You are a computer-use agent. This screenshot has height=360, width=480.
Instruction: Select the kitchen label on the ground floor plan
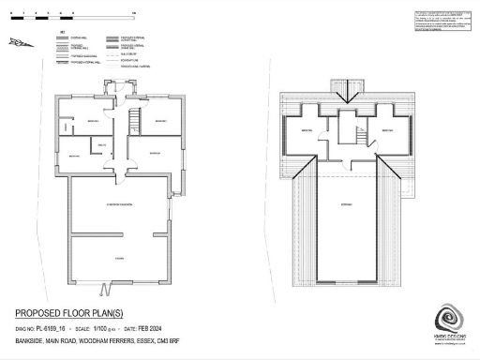[119, 256]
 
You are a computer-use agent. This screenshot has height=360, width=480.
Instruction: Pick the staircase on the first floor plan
[358, 136]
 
